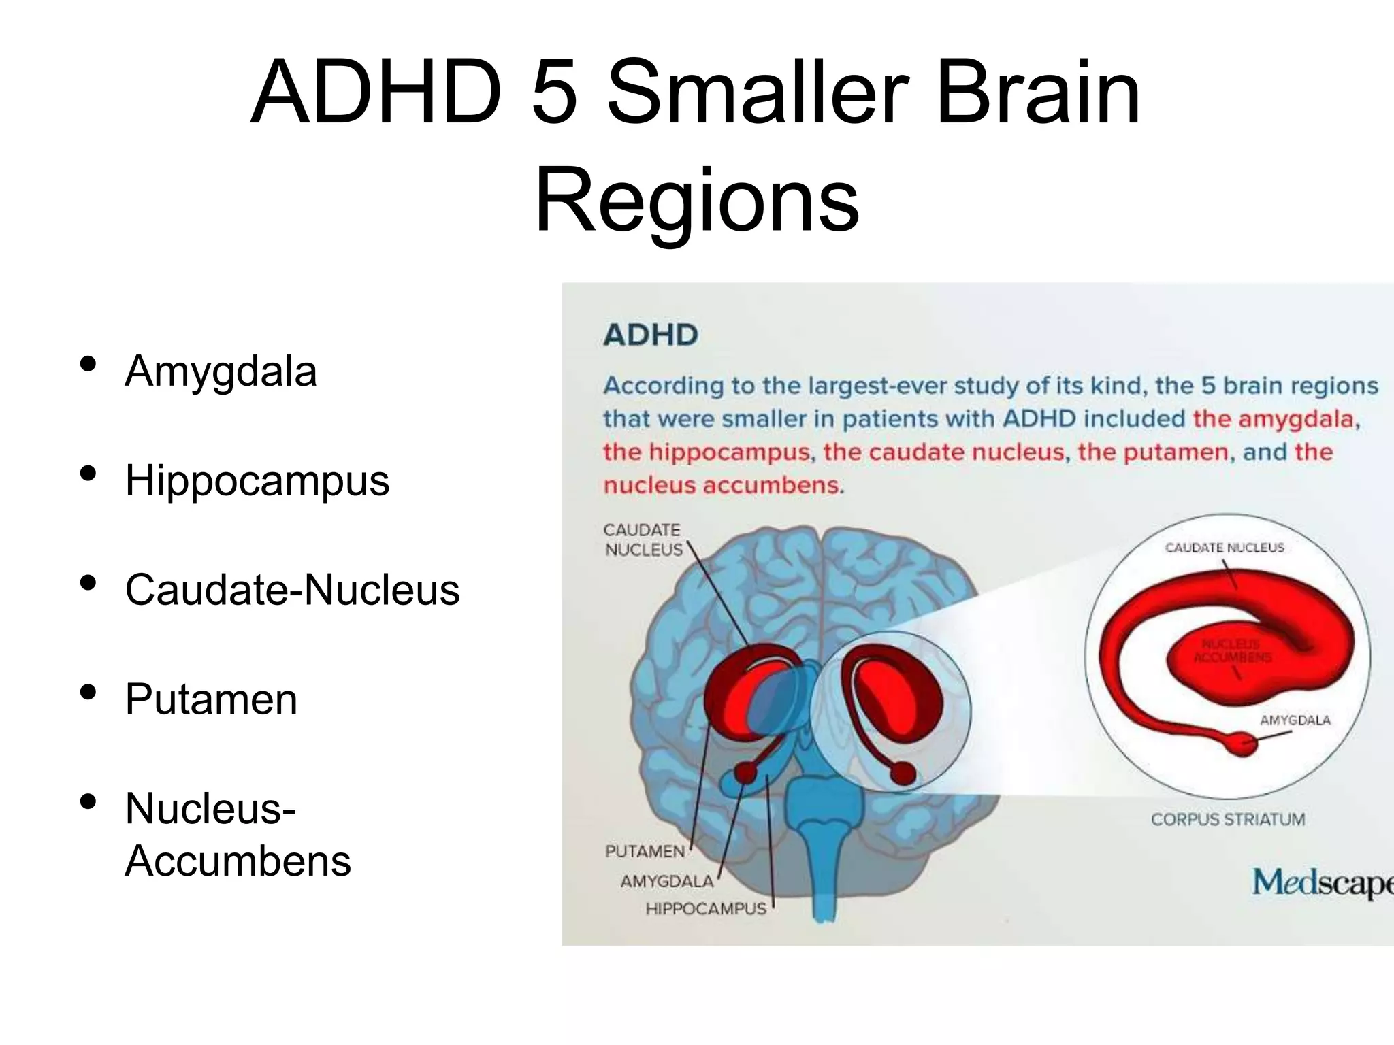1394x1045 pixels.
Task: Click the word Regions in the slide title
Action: click(696, 201)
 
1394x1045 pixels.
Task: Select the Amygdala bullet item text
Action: click(221, 371)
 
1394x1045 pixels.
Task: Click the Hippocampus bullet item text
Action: click(257, 480)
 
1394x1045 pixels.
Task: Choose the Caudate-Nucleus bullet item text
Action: click(292, 589)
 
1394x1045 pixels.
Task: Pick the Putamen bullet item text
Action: click(211, 699)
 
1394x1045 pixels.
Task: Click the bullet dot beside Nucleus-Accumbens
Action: click(88, 801)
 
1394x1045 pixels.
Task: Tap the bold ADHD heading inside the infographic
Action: click(651, 335)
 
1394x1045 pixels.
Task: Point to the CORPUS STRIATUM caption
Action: click(1228, 819)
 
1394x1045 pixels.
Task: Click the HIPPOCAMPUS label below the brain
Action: click(706, 909)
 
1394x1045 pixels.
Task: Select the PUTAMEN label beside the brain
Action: click(645, 851)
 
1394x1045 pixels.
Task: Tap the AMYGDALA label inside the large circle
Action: click(1295, 720)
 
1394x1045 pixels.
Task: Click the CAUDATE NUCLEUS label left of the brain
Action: click(643, 540)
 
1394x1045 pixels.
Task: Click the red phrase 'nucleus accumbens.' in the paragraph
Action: click(724, 485)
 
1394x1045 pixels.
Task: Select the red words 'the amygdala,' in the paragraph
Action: click(1276, 418)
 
